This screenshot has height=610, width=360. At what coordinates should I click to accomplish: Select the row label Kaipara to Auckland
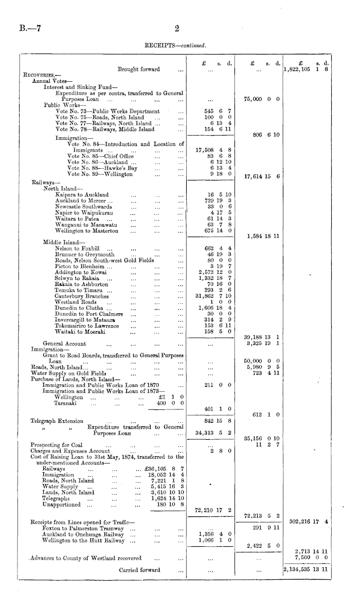(82, 195)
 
